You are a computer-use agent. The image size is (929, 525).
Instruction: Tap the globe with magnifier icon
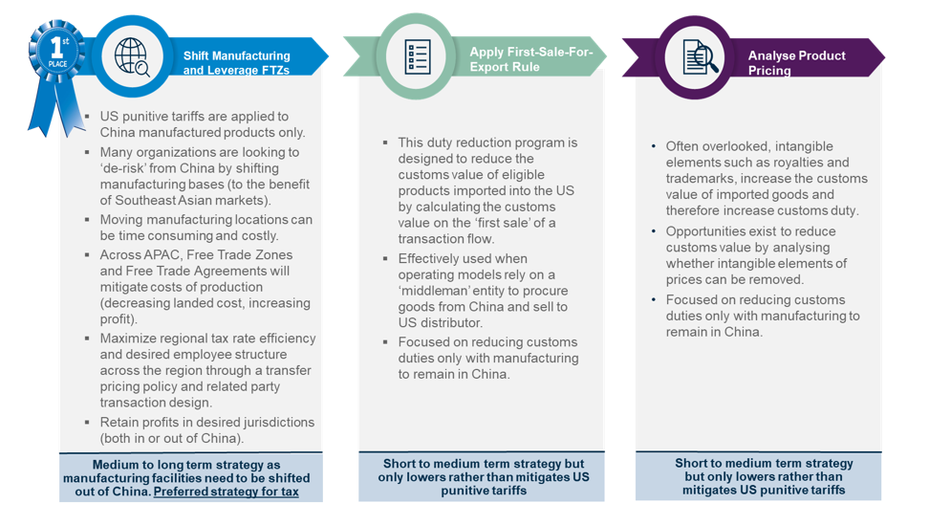[132, 56]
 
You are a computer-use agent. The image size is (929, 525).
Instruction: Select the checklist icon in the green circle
[418, 56]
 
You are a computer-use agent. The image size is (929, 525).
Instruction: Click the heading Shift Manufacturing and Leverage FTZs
[236, 63]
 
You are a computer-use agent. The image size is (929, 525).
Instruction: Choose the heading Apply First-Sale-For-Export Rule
[530, 59]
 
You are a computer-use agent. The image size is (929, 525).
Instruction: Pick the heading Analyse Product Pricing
[796, 63]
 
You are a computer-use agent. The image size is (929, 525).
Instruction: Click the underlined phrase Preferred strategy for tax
[226, 492]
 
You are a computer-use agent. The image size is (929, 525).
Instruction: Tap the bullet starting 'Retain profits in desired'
[206, 430]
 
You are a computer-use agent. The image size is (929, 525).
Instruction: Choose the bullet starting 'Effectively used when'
[484, 291]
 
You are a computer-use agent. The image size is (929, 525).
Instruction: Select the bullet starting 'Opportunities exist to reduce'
[755, 255]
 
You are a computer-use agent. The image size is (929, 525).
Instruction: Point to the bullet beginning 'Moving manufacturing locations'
[205, 228]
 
